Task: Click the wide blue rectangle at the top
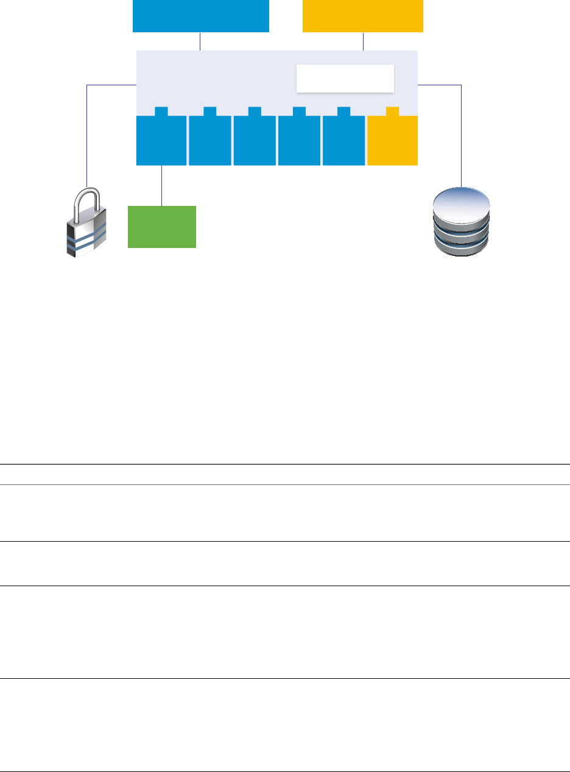tap(200, 16)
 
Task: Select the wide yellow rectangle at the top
tap(362, 16)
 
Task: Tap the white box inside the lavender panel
tap(345, 78)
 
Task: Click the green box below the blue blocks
tap(161, 227)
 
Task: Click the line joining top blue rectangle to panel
tap(200, 41)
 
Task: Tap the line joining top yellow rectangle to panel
tap(363, 41)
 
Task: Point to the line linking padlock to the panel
tap(88, 134)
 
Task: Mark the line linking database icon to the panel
tap(462, 134)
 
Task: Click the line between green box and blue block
tap(161, 185)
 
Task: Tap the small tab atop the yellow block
tap(392, 111)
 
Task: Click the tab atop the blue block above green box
tap(161, 111)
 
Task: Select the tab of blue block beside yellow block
tap(343, 111)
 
